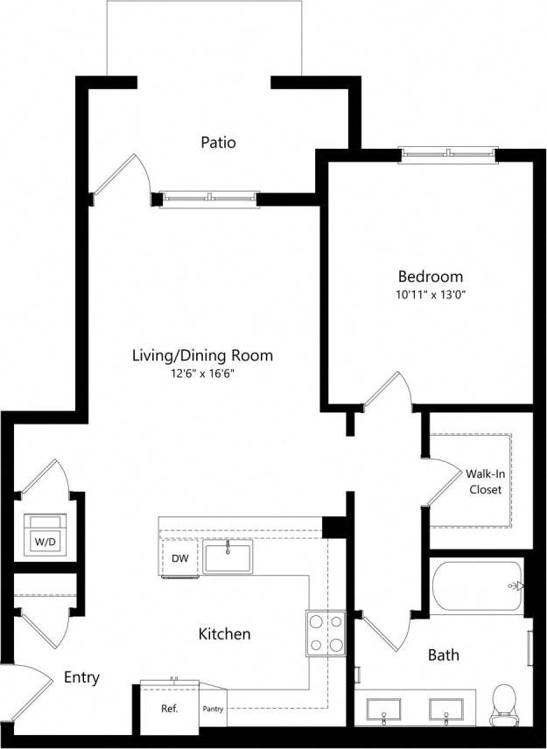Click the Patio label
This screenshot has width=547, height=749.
pos(218,142)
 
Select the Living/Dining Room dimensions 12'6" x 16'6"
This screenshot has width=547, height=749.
pos(202,374)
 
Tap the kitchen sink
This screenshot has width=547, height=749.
pos(228,557)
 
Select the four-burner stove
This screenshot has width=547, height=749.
pos(325,633)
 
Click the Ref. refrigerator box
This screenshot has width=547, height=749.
pos(169,705)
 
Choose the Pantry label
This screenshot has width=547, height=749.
pos(214,708)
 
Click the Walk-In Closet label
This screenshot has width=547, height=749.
pos(485,482)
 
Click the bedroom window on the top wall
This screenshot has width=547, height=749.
pos(448,155)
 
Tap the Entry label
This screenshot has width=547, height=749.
pos(81,677)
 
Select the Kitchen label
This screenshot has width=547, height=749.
pos(225,633)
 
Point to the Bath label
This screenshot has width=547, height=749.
pos(443,654)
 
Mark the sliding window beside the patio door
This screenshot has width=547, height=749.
pos(209,199)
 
